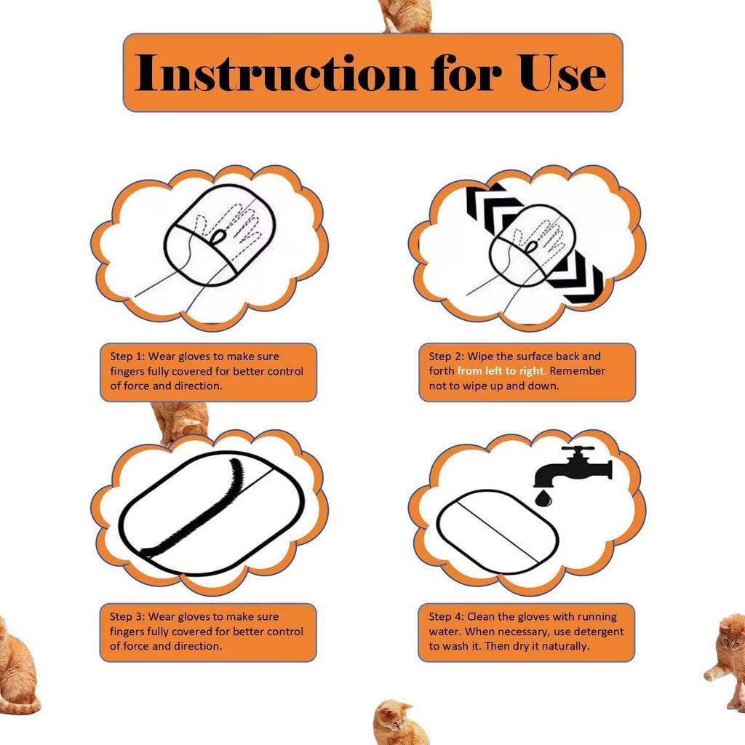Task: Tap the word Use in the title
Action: [562, 73]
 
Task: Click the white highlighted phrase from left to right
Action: [501, 371]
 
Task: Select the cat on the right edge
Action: [728, 659]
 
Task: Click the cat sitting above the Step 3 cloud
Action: [180, 422]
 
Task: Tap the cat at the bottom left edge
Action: [16, 669]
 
